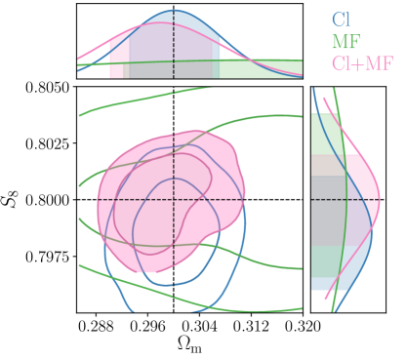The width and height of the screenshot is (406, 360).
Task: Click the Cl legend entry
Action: coord(340,20)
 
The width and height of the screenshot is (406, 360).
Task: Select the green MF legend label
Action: coord(345,42)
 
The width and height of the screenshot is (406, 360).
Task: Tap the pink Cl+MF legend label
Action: coord(362,64)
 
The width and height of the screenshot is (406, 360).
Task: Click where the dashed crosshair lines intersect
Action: coord(173,200)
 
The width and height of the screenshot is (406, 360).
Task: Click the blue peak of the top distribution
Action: coord(173,13)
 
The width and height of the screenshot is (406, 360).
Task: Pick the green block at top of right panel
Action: coord(327,135)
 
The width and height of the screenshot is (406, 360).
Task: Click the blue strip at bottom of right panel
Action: coord(323,284)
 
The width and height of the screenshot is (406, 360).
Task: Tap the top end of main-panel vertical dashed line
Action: coord(173,134)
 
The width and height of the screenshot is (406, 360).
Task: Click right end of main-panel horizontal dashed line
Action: coord(241,200)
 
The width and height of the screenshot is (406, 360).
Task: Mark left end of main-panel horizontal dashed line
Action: coord(98,200)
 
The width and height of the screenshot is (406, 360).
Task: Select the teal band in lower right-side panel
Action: coord(327,260)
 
